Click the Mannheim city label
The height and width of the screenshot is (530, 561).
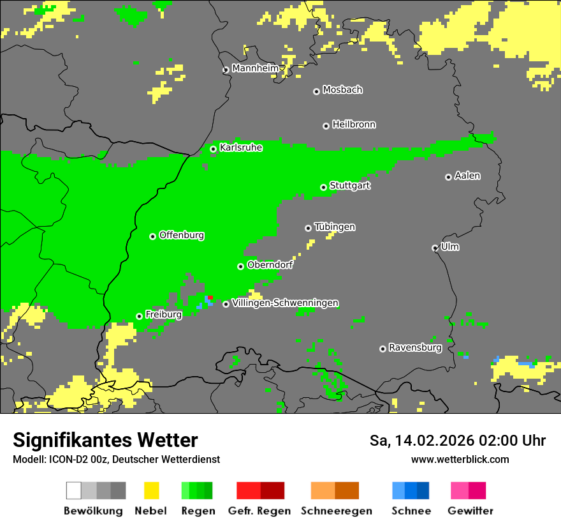(x=255, y=68)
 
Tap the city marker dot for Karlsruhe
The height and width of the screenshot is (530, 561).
(x=214, y=149)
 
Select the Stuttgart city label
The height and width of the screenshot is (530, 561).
(x=350, y=186)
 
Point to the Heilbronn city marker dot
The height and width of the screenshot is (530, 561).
(x=326, y=126)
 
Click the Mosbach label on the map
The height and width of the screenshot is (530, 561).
(x=342, y=90)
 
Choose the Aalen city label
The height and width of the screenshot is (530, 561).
(x=467, y=176)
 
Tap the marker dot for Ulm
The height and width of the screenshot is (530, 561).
(x=435, y=248)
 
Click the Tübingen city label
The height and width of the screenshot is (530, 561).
(x=335, y=227)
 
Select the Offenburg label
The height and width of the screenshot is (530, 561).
(x=182, y=235)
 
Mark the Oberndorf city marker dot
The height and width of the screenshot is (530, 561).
(x=240, y=266)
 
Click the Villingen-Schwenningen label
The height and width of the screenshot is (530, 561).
(x=285, y=303)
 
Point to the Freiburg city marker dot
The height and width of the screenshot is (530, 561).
(x=139, y=316)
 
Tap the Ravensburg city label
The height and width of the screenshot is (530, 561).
(x=415, y=348)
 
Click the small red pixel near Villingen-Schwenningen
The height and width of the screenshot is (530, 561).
(x=210, y=298)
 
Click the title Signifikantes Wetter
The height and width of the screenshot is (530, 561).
(x=105, y=440)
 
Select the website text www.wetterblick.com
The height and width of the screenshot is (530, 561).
(x=460, y=459)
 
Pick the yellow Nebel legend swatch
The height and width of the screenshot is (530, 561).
(x=151, y=490)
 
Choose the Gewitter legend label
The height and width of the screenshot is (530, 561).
(x=470, y=511)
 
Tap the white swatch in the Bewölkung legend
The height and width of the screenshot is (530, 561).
(x=74, y=490)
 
